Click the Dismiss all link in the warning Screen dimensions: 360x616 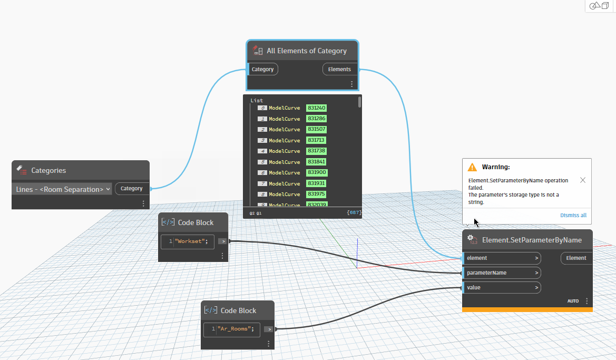(573, 215)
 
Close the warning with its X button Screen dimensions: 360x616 (582, 180)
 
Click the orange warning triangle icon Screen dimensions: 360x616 (472, 167)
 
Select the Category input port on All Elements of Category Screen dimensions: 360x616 (262, 69)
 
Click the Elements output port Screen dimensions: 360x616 (339, 69)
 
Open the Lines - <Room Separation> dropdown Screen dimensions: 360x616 (63, 189)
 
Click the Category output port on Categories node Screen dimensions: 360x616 (132, 189)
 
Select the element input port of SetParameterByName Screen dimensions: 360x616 (501, 258)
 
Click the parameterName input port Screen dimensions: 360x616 (501, 273)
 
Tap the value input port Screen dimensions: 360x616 (501, 288)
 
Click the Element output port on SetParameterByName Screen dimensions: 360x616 (576, 258)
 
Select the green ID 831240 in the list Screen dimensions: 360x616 (316, 108)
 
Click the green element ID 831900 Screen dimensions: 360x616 (317, 173)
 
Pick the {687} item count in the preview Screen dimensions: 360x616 (354, 213)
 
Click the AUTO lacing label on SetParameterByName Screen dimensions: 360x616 (573, 301)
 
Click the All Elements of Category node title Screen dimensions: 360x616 (306, 51)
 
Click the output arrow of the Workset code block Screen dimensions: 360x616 (223, 241)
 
